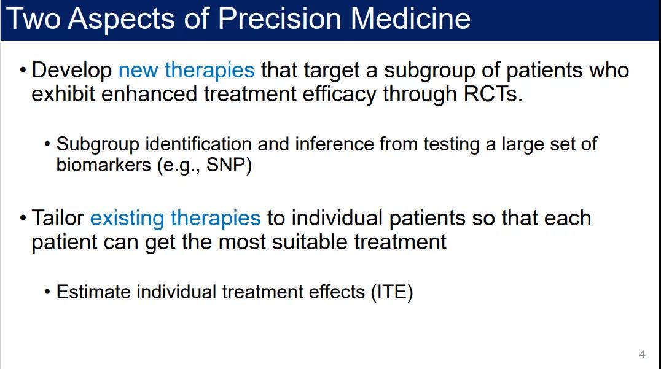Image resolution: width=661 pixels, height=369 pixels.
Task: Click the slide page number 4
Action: (x=642, y=354)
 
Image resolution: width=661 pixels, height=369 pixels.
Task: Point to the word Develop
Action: (x=72, y=71)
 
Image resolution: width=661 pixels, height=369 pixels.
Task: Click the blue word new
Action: (x=138, y=71)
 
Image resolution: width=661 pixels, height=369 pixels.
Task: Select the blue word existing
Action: (x=127, y=219)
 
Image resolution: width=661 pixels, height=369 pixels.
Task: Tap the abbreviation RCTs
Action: (x=493, y=94)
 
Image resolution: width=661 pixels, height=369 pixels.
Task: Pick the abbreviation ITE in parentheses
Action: (x=392, y=292)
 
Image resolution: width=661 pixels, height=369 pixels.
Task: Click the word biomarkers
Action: (x=103, y=165)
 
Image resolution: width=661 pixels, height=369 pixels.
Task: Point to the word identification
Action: (x=198, y=144)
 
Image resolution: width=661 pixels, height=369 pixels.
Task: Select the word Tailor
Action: (x=58, y=218)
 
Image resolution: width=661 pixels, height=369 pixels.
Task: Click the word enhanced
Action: (x=149, y=94)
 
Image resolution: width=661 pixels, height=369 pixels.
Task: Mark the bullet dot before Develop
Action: (x=23, y=70)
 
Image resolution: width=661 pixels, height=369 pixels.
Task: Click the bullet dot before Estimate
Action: (x=47, y=292)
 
